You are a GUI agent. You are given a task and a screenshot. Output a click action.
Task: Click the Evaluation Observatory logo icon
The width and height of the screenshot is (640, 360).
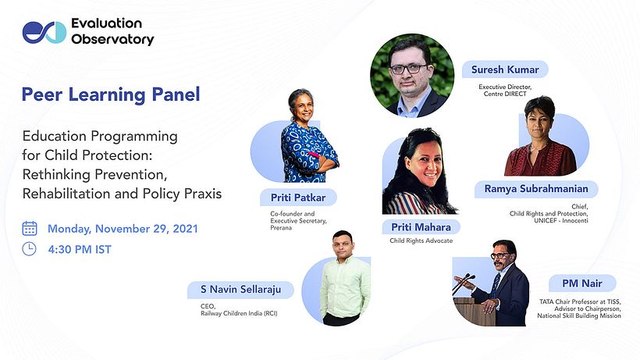pos(44,32)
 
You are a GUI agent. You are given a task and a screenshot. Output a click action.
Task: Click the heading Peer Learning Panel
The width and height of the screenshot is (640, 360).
pos(111,94)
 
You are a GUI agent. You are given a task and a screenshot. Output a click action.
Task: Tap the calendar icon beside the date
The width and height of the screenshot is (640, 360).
pos(30,229)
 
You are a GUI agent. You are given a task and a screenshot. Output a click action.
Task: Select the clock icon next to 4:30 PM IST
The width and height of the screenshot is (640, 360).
pos(29,249)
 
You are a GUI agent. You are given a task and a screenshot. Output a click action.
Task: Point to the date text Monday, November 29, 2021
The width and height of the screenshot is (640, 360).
pos(123,229)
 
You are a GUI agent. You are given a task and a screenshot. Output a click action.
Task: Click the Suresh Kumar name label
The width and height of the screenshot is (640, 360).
pos(505,70)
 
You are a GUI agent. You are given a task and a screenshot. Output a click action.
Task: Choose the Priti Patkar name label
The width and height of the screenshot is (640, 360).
pos(298,198)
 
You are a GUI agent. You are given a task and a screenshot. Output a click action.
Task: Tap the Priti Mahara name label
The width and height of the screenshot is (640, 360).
pos(421,227)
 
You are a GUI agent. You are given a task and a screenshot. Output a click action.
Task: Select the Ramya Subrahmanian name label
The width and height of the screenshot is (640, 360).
pos(536,189)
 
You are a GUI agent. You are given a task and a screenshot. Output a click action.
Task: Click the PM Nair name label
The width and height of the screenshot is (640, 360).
pos(581,283)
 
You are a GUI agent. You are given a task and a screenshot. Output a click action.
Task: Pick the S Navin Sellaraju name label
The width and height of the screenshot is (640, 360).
pos(240,290)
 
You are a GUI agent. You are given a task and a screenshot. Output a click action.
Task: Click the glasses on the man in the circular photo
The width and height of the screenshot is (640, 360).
pos(409,69)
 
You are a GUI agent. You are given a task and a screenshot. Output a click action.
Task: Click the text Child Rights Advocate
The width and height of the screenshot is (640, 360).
pos(421,241)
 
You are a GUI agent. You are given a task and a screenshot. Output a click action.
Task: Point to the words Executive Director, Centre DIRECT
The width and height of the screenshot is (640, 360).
pos(505,91)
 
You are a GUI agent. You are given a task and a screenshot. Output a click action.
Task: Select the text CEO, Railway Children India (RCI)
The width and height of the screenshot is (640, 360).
pos(239,310)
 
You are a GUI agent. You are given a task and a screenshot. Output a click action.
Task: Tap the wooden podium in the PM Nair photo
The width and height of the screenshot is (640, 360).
pos(469,312)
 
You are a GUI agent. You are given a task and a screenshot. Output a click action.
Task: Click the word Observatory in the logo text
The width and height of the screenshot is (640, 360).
pos(112,40)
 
